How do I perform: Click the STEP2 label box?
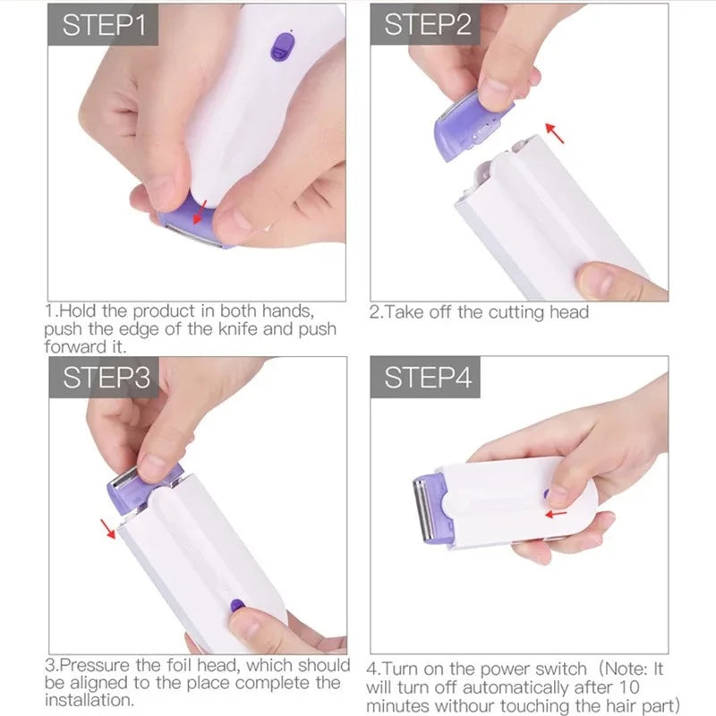point(425,24)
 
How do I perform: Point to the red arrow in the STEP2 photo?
point(557,133)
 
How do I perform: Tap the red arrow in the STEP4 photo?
point(556,514)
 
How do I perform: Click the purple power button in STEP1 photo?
point(283,47)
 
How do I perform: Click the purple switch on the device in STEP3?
point(237,606)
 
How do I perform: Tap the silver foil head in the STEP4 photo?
point(419,510)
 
